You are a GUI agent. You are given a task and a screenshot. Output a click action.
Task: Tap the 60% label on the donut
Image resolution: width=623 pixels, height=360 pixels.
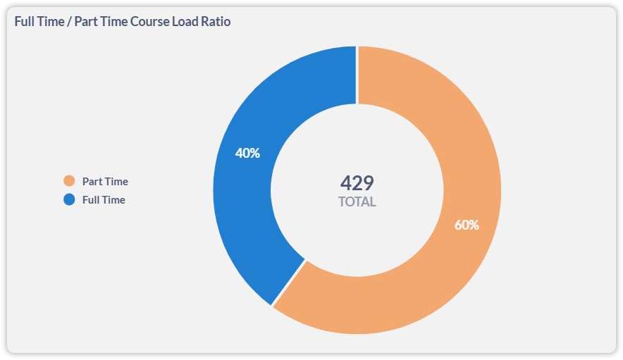467,225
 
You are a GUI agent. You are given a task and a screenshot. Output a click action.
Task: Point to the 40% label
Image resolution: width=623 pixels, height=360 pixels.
247,153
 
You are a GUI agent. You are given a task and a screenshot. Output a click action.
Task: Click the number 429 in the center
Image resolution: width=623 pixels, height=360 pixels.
357,183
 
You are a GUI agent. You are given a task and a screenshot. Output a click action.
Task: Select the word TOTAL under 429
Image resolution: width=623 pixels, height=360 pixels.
357,202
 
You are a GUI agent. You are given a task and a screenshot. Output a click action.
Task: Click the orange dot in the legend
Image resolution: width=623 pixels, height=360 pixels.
69,181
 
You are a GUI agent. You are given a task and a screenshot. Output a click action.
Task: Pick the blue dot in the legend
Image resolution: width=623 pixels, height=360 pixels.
69,199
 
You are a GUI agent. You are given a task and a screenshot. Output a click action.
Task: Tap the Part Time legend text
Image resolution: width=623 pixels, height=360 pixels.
105,181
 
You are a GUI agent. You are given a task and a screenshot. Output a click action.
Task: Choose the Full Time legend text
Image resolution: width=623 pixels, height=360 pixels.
104,199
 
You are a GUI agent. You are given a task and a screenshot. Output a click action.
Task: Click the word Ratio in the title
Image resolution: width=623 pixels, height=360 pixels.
216,22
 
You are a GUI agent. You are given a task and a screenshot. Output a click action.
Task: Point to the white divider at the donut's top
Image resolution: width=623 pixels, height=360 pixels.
357,74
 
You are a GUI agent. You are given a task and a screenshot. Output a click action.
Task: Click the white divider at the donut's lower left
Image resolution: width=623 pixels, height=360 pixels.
289,283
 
